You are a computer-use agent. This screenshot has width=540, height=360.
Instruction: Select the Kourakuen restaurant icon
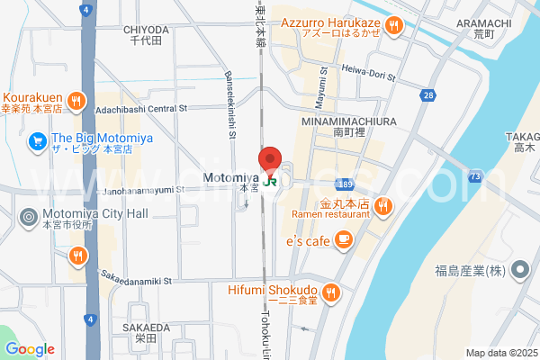click(77, 100)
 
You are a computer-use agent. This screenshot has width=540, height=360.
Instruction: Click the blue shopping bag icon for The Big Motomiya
click(37, 140)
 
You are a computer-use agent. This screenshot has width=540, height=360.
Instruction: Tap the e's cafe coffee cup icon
click(343, 238)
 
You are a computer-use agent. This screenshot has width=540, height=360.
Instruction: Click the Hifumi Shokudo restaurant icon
click(330, 291)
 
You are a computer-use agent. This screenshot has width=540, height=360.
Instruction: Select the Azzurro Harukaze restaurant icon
click(395, 26)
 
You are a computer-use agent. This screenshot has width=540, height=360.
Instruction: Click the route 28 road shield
click(428, 94)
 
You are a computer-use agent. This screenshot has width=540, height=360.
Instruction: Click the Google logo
click(30, 348)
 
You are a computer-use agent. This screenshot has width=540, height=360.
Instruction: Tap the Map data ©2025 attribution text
click(499, 352)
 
